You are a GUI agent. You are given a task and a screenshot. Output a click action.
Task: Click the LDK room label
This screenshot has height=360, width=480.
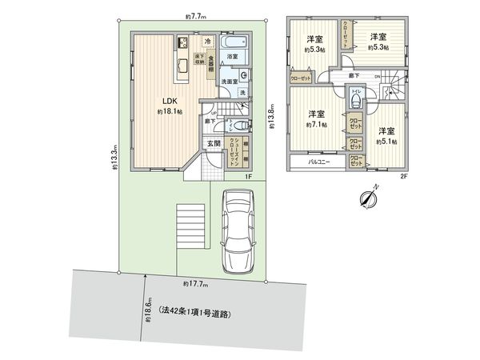[x=169, y=101]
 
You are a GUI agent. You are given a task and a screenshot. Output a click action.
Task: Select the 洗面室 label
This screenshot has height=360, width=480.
[x=233, y=80]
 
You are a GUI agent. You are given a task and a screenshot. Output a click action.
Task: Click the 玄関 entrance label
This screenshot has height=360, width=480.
[x=214, y=143]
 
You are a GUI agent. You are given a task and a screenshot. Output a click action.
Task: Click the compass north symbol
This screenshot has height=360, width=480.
[x=370, y=197]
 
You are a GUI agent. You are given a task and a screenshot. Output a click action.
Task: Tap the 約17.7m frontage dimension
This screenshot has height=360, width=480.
[x=195, y=284]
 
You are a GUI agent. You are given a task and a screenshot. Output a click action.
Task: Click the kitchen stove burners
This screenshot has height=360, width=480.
[x=182, y=42]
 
